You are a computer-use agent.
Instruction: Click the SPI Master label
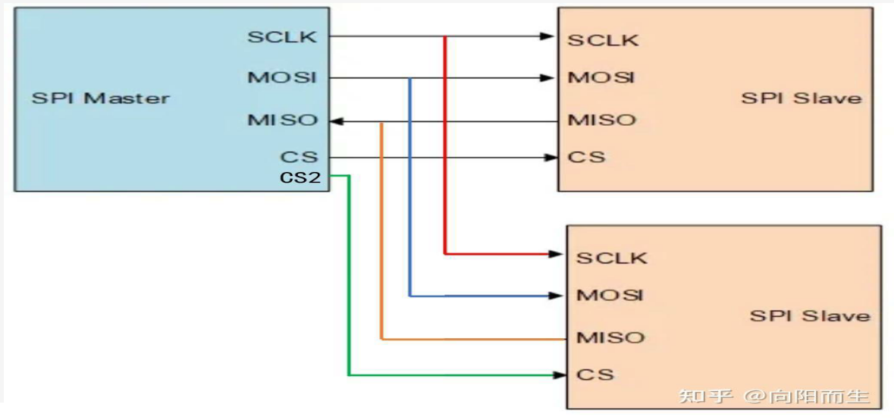(x=100, y=98)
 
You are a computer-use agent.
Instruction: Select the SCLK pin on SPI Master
(x=281, y=36)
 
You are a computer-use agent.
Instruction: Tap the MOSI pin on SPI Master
(x=281, y=77)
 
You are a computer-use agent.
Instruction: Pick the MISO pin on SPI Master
(x=282, y=121)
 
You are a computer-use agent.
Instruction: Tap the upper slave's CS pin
(x=587, y=157)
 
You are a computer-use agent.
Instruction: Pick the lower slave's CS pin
(x=595, y=375)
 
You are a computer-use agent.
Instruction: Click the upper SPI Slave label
(x=801, y=98)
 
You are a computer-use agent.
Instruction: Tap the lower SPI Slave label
(x=810, y=315)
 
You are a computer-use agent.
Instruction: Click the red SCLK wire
(x=444, y=152)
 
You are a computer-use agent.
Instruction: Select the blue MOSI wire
(x=409, y=190)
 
